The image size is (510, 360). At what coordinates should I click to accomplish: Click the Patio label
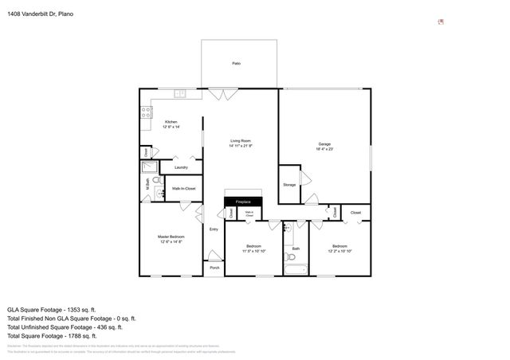(236, 63)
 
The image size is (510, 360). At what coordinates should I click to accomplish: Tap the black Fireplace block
(243, 202)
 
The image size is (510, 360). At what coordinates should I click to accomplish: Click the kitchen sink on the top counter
(180, 94)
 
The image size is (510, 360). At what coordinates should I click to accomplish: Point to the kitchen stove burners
(146, 112)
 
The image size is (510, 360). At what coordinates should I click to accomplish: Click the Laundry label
(181, 167)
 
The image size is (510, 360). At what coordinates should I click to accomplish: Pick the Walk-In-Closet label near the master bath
(183, 189)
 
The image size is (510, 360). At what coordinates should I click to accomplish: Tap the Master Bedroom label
(171, 238)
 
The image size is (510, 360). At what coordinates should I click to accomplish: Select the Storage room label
(288, 185)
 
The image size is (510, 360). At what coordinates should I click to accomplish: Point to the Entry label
(214, 229)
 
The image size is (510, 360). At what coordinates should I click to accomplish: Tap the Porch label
(214, 268)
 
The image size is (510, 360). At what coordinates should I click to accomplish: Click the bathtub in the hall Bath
(296, 269)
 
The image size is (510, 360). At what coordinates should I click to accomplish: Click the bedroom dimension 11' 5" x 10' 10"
(253, 251)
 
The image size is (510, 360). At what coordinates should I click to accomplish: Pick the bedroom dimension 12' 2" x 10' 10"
(339, 251)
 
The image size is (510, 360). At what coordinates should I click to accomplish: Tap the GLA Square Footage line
(51, 309)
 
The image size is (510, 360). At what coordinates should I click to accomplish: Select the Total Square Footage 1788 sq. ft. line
(51, 335)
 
